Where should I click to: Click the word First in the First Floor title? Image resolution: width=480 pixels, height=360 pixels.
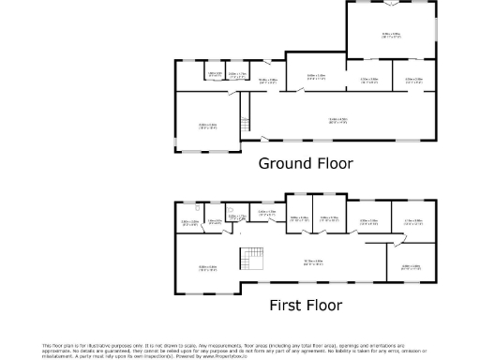pos(287,305)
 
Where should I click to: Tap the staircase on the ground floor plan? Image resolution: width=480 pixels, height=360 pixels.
pos(246,122)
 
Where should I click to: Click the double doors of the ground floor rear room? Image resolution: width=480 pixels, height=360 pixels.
pos(393,3)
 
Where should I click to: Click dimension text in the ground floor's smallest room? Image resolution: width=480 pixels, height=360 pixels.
pos(215,74)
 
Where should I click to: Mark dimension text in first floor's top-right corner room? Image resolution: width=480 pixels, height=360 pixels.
pos(413,222)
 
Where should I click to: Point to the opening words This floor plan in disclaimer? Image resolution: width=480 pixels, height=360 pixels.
pos(58,345)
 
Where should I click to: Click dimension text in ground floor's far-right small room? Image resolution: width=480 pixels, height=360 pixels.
pos(414,80)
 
